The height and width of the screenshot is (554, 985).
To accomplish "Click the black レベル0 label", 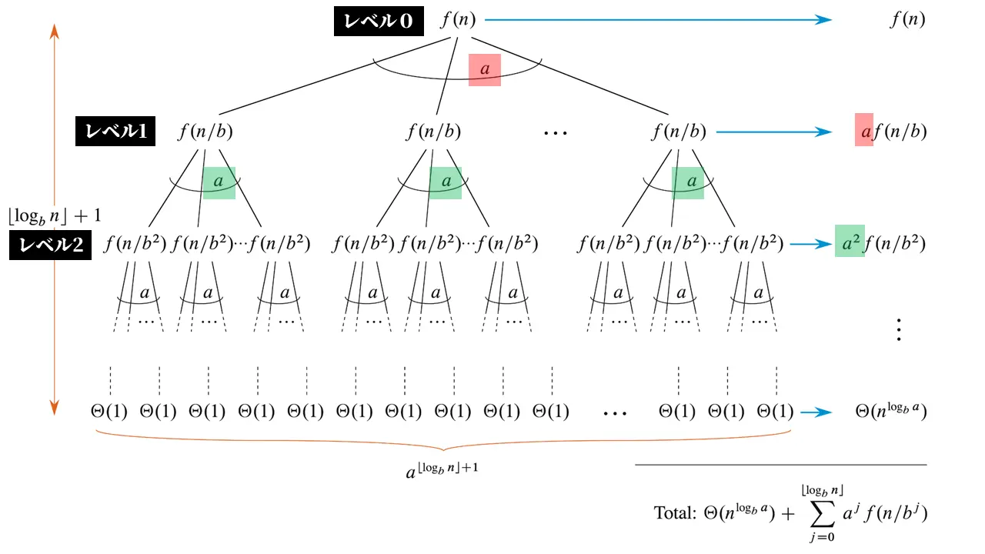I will pos(378,22).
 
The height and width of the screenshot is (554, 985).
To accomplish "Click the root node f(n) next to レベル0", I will pos(457,20).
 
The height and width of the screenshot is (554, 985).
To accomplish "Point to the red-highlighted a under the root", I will pos(485,69).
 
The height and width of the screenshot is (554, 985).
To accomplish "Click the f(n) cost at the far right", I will pos(907,20).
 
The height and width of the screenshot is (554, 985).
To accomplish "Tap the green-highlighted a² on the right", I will pos(850,242).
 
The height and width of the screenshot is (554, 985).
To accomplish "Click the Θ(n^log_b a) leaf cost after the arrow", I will pos(890,412).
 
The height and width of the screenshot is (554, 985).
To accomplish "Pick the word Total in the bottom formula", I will pos(675,512).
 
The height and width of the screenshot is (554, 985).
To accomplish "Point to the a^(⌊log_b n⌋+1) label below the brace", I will pos(442,470).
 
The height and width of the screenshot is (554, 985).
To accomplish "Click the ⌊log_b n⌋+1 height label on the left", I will pos(55,215).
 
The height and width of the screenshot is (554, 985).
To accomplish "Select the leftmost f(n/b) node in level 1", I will pos(205,132).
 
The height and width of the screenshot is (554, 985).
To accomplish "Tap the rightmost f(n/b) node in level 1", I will pos(679,132).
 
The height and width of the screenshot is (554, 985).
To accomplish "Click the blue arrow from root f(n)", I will pos(658,20).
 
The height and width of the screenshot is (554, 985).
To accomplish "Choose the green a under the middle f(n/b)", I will pos(446,182).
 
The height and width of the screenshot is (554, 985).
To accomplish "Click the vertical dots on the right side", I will pos(897,329).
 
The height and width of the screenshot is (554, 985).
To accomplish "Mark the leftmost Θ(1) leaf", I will pos(109,412).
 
